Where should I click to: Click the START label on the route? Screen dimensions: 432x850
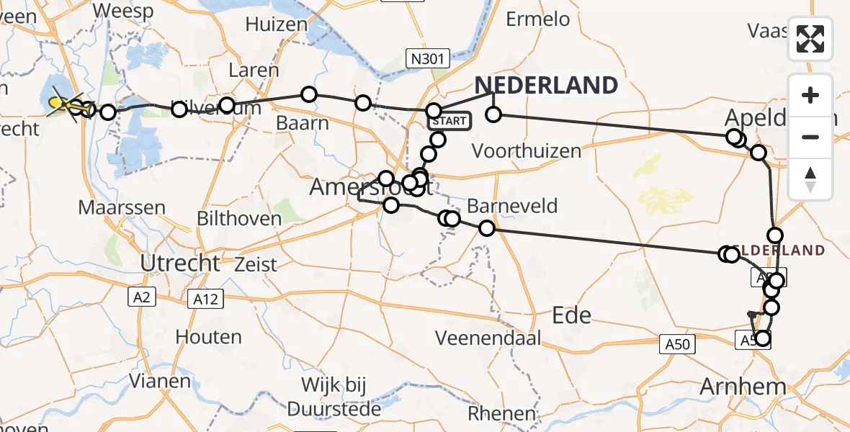point(451,120)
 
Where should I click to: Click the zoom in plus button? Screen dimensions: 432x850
point(810,95)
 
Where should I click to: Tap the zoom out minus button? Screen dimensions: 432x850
point(810,137)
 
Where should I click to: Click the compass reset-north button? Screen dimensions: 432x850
point(810,179)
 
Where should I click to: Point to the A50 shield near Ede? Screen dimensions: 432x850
point(677,344)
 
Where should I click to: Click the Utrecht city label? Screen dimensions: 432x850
point(180,264)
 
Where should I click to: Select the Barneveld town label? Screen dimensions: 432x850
point(512,207)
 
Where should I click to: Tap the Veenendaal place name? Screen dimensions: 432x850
point(488,338)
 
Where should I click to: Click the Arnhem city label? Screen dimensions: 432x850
point(743,387)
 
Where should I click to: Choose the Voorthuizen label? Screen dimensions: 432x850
point(527,151)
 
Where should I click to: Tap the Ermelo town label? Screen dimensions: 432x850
point(538,19)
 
